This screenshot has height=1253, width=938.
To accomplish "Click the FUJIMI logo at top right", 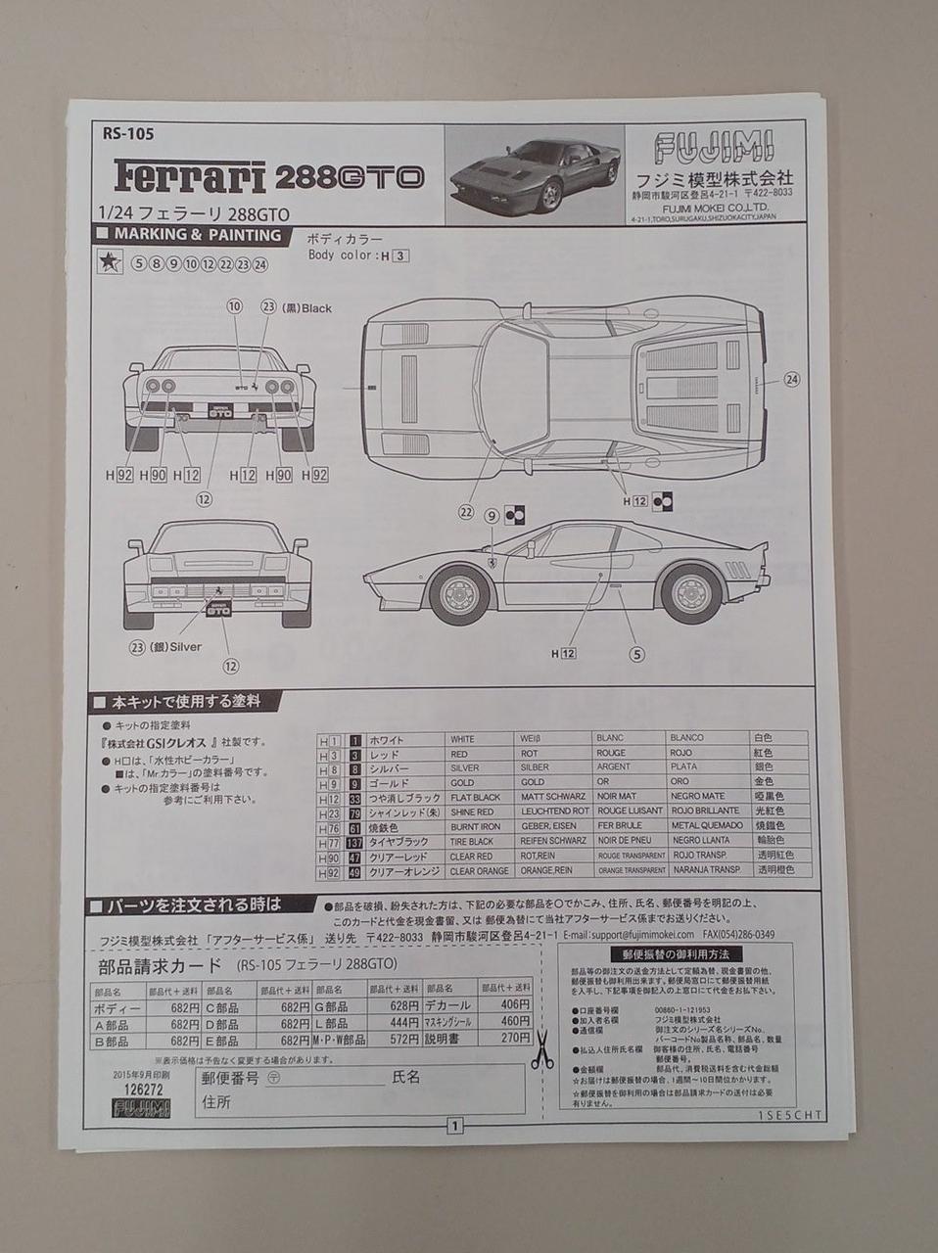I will pos(713,148).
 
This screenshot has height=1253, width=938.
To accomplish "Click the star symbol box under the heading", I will pos(110,262).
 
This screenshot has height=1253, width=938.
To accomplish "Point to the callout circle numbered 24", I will pos(791,379).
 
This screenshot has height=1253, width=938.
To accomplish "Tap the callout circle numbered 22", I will pos(466,512).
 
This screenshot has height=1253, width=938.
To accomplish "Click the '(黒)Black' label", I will pos(306,307).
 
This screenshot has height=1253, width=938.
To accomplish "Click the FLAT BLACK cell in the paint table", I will pos(476,798).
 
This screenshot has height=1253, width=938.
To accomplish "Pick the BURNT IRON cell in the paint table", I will pos(476,827).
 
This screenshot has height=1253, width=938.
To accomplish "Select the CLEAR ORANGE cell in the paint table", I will pos(480,870).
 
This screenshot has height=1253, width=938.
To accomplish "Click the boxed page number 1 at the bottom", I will pos(454,1126).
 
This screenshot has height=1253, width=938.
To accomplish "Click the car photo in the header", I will pos(535,174).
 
